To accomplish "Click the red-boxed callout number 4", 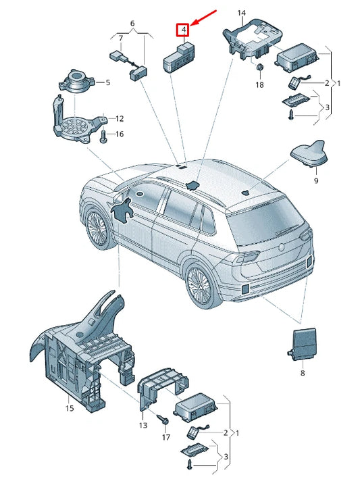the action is tap(183, 30).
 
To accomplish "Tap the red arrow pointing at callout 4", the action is tap(205, 18).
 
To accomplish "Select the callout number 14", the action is tap(241, 13).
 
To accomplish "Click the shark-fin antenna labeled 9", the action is tap(309, 154).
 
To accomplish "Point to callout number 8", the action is tap(302, 373).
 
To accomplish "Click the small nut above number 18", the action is tap(259, 68).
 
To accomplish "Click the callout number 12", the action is tap(120, 118).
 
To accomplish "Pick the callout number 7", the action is tap(121, 39).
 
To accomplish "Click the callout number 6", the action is tap(132, 24).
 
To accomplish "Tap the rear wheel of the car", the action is tap(200, 284).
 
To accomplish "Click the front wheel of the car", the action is tap(98, 228).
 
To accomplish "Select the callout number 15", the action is tap(70, 407).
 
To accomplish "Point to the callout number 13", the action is tap(143, 425).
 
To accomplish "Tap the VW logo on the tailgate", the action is tap(281, 248).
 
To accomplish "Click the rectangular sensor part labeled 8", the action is tap(302, 344).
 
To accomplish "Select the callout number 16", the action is tap(120, 134).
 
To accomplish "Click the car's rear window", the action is tap(265, 222).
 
